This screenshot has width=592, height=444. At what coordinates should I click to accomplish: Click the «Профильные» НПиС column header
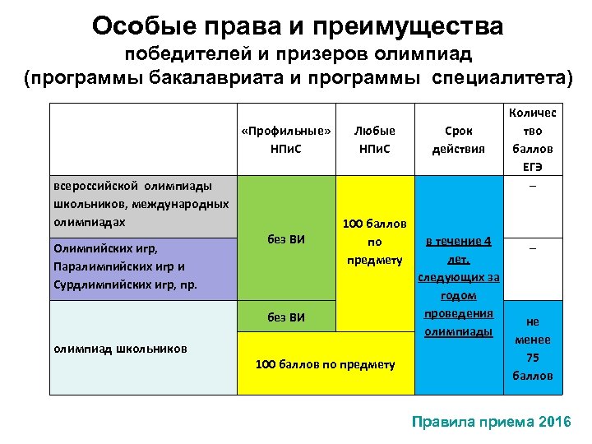point(286,140)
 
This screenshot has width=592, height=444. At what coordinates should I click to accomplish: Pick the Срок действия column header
point(458,140)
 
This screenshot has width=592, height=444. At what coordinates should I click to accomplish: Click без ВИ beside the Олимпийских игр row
point(286,240)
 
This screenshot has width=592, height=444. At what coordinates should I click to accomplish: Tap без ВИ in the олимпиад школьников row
point(286,317)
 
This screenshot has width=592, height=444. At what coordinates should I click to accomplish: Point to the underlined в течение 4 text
point(458,241)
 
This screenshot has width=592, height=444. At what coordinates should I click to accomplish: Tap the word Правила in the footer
point(443,422)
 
